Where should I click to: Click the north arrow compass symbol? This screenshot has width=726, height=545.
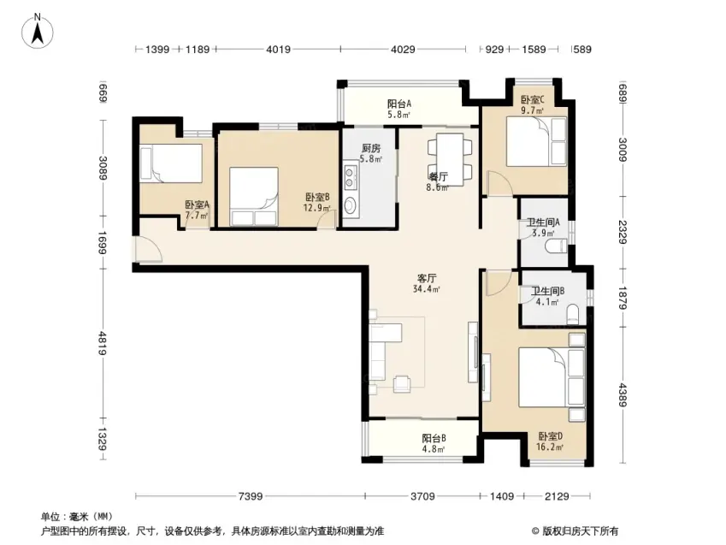pyautogui.click(x=37, y=31)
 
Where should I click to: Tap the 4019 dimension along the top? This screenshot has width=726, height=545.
pyautogui.click(x=278, y=49)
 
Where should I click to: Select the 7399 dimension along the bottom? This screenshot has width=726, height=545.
pyautogui.click(x=251, y=496)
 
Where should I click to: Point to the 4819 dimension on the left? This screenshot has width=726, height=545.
pyautogui.click(x=103, y=343)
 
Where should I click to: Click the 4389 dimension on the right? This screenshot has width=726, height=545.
pyautogui.click(x=622, y=394)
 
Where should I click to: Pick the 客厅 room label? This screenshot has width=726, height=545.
pyautogui.click(x=427, y=278)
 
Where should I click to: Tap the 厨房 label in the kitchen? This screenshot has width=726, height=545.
pyautogui.click(x=371, y=148)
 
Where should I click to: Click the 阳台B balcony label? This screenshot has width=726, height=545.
pyautogui.click(x=434, y=438)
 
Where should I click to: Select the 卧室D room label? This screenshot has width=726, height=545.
pyautogui.click(x=550, y=436)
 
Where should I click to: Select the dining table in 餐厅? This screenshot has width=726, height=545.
pyautogui.click(x=450, y=159)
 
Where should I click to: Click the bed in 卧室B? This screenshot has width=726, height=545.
pyautogui.click(x=254, y=197)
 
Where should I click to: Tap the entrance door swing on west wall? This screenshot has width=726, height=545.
pyautogui.click(x=148, y=249)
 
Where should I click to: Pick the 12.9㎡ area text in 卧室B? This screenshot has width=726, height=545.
pyautogui.click(x=317, y=208)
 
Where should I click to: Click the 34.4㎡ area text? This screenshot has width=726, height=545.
pyautogui.click(x=427, y=289)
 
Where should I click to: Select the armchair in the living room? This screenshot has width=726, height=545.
pyautogui.click(x=402, y=384)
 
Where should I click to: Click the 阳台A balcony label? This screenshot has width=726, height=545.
pyautogui.click(x=399, y=103)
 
